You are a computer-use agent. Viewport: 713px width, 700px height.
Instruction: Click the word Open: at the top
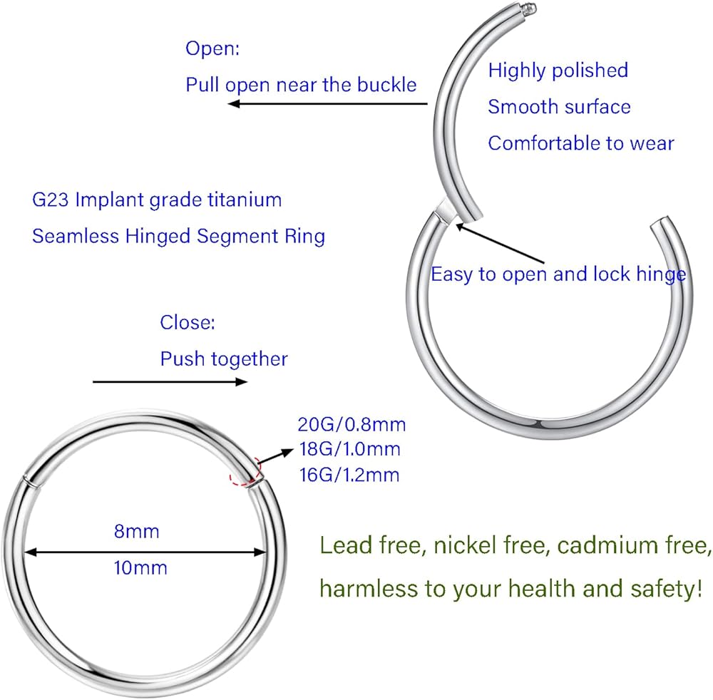pyautogui.click(x=212, y=48)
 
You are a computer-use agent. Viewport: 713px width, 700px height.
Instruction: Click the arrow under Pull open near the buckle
pyautogui.click(x=327, y=104)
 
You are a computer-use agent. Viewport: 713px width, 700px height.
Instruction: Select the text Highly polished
pyautogui.click(x=558, y=71)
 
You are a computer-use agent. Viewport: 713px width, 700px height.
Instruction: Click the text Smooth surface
pyautogui.click(x=559, y=107)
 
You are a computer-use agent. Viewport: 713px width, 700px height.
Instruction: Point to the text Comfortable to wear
pyautogui.click(x=580, y=143)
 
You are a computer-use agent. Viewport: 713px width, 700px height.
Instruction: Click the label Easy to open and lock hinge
pyautogui.click(x=558, y=274)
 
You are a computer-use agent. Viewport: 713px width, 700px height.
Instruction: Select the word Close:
pyautogui.click(x=188, y=322)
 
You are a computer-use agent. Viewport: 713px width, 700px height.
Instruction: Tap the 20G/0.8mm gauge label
pyautogui.click(x=352, y=425)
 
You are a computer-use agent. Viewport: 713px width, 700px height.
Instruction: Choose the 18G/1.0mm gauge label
pyautogui.click(x=350, y=450)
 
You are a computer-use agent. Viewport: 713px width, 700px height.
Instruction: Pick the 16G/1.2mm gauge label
pyautogui.click(x=350, y=475)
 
